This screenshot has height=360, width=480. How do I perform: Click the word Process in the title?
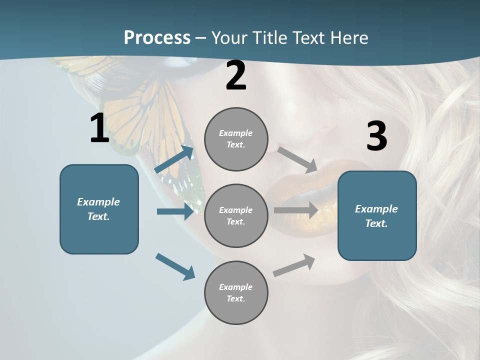(x=157, y=37)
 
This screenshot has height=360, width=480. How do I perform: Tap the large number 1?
(x=99, y=128)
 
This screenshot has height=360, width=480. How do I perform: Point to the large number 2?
(x=236, y=75)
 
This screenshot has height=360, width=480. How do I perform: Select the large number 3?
(x=376, y=136)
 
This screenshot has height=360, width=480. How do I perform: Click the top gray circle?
(x=236, y=139)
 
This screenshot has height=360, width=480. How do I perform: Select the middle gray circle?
(x=236, y=215)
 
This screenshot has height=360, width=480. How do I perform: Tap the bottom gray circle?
(x=236, y=292)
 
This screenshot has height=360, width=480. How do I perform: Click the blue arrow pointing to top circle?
(x=174, y=159)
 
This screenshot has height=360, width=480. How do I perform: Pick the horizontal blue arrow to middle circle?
(x=175, y=211)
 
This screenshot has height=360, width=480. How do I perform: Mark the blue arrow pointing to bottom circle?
(x=175, y=266)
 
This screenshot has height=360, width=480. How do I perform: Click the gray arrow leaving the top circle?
(x=297, y=159)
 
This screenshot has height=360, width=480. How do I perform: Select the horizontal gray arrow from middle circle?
(x=296, y=210)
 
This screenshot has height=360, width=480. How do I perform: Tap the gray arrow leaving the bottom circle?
(x=294, y=265)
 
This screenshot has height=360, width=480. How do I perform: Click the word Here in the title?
(x=350, y=37)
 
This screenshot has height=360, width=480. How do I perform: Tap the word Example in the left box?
(x=98, y=202)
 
